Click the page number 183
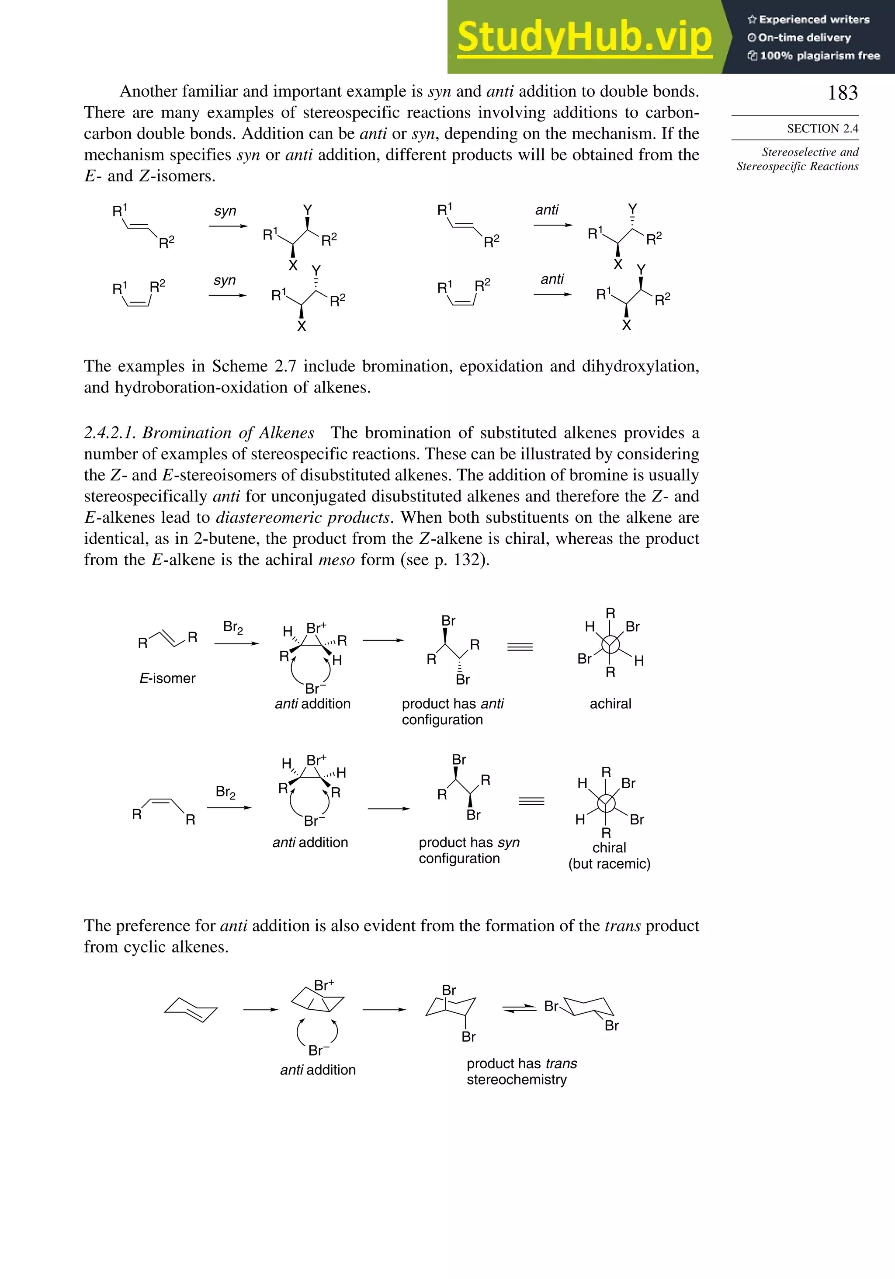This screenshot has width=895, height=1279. tap(842, 93)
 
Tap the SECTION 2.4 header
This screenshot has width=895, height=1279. tap(822, 129)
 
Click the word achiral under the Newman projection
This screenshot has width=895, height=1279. tap(611, 704)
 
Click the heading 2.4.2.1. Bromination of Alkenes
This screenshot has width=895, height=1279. tap(199, 433)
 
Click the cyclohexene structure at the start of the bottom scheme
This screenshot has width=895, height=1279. tap(191, 1009)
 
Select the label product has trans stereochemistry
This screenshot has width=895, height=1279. tap(521, 1071)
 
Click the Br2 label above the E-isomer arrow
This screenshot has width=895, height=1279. tap(233, 627)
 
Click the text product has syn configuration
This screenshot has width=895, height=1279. tap(469, 850)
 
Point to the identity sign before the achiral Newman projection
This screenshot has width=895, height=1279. tap(520, 647)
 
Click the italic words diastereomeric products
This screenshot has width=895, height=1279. tap(302, 518)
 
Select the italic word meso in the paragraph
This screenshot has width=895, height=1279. tap(336, 560)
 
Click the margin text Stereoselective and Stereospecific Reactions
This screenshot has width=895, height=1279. tap(798, 159)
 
